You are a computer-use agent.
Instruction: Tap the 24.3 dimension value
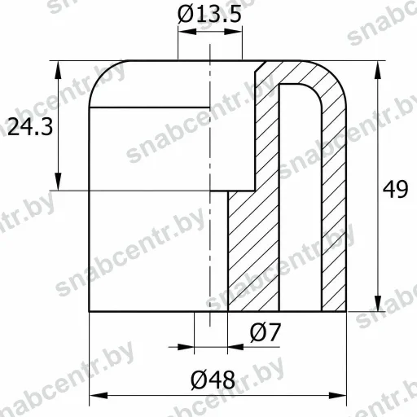[30, 127]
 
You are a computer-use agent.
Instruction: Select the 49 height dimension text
[395, 189]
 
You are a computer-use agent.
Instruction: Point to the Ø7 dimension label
[265, 332]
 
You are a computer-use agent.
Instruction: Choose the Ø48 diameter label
[213, 380]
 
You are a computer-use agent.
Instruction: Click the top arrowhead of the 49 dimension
[378, 70]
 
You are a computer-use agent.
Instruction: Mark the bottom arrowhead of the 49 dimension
[378, 303]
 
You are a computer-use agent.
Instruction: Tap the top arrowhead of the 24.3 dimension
[58, 70]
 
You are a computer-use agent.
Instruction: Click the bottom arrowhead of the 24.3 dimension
[58, 182]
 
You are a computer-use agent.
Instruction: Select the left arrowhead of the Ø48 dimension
[99, 396]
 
